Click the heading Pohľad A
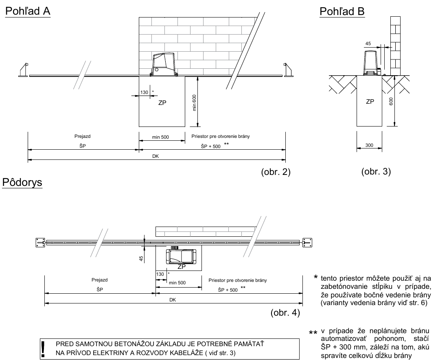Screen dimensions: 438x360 (28, 11)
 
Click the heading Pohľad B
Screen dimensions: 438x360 (342, 11)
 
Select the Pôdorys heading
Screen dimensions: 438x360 (22, 182)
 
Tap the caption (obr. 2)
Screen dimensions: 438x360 (276, 172)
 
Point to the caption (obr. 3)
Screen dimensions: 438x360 (376, 171)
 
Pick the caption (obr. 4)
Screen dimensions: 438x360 (285, 312)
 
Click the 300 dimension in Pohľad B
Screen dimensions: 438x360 (369, 145)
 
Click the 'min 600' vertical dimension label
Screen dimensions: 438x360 (195, 103)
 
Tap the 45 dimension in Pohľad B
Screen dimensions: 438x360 (368, 44)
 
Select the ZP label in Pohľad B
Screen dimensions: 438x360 (370, 102)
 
